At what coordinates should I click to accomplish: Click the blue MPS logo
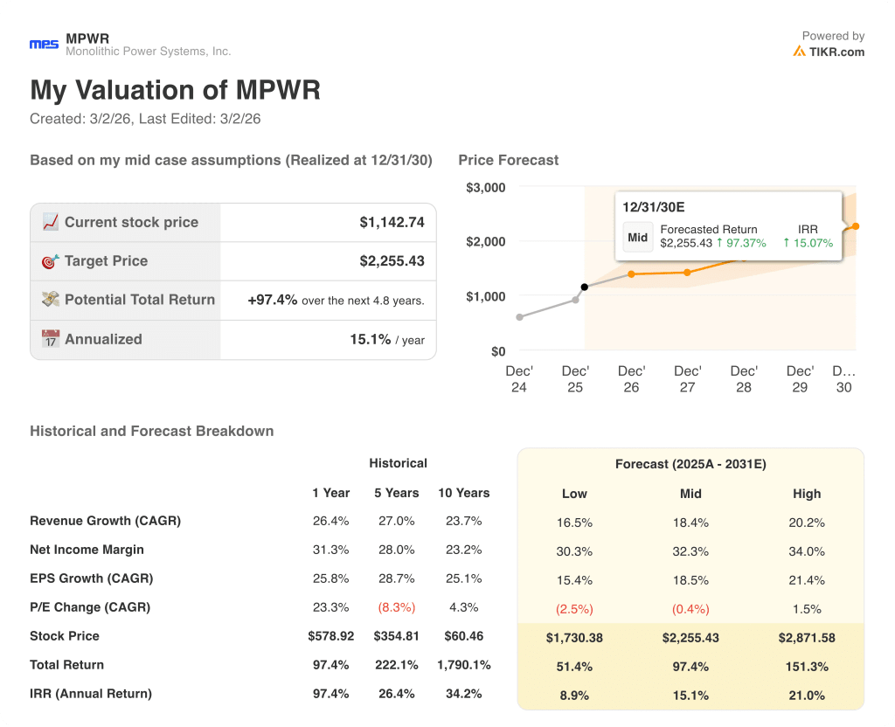[x=44, y=45]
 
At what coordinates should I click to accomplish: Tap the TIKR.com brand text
[x=836, y=52]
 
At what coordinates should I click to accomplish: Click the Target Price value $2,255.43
[x=392, y=261]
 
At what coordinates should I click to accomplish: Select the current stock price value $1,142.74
[x=392, y=223]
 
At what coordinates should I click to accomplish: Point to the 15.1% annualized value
[x=370, y=339]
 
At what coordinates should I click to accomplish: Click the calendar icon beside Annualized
[x=51, y=339]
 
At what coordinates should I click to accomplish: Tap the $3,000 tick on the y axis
[x=485, y=187]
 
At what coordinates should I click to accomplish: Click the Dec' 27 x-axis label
[x=687, y=378]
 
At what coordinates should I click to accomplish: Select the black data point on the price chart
[x=585, y=287]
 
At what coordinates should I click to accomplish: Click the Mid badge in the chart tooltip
[x=638, y=237]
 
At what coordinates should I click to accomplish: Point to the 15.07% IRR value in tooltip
[x=813, y=243]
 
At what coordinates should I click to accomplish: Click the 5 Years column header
[x=397, y=493]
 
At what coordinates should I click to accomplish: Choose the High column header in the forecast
[x=807, y=494]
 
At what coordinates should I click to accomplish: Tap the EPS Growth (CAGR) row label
[x=91, y=578]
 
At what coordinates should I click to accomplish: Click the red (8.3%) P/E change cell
[x=397, y=607]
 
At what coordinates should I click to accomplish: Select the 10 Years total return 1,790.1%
[x=463, y=665]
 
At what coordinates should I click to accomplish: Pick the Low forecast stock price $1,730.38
[x=574, y=638]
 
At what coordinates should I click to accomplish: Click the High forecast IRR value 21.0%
[x=807, y=696]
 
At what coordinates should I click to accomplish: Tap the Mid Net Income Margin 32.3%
[x=690, y=551]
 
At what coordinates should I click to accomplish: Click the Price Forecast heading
[x=508, y=160]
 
